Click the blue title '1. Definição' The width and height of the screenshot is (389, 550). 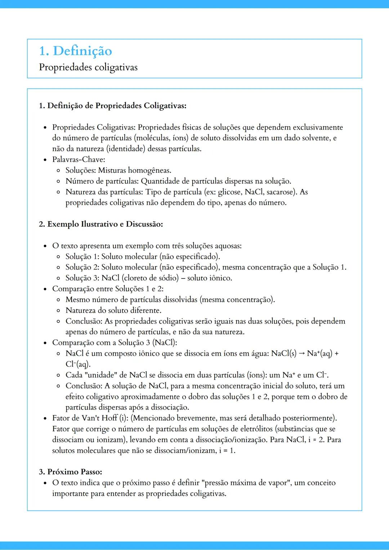coord(75,51)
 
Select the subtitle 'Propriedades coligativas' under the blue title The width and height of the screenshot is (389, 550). coord(88,67)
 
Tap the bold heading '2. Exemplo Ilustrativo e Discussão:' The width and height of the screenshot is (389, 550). coord(101,224)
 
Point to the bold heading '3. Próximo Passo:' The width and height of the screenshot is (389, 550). coord(70,472)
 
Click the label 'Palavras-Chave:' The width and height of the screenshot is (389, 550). coord(79,159)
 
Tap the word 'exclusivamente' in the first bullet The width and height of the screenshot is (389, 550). coord(317,127)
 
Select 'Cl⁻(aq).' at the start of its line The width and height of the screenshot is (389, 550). coord(78,364)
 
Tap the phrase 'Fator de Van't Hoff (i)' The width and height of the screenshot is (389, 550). coord(90,418)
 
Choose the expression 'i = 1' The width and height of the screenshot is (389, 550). coord(227,451)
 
